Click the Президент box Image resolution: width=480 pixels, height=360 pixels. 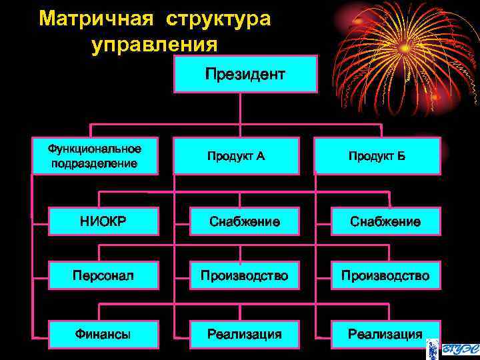click(x=245, y=73)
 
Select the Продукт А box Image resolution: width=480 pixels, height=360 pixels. click(x=236, y=156)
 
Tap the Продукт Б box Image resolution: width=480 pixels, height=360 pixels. click(x=377, y=156)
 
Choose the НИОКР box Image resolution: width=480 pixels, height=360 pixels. click(x=102, y=221)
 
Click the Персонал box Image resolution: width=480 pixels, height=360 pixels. click(x=102, y=275)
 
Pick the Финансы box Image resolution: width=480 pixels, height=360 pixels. click(x=102, y=334)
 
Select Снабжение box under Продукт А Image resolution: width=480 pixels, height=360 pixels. click(x=244, y=221)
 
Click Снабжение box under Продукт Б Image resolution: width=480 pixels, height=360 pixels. click(x=385, y=221)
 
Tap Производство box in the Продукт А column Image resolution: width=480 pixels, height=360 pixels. click(x=244, y=275)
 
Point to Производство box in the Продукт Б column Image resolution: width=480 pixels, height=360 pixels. click(x=385, y=275)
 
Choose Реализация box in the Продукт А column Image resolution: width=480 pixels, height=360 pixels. click(x=244, y=334)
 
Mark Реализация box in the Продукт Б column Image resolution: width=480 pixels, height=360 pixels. click(x=385, y=334)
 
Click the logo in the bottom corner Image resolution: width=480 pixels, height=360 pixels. click(x=458, y=343)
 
